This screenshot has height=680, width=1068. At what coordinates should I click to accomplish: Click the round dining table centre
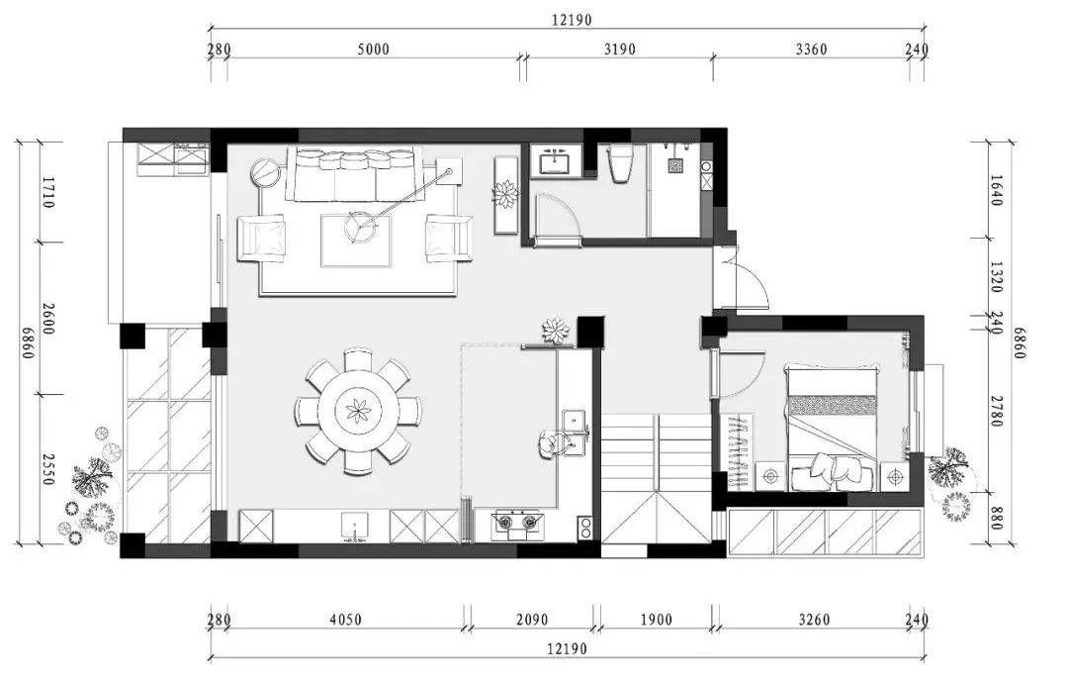coord(358,411)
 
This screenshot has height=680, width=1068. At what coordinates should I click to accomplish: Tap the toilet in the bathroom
coord(620,164)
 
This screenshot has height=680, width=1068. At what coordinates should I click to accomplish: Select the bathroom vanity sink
coord(556,161)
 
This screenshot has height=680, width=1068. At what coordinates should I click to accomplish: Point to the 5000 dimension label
coord(373,49)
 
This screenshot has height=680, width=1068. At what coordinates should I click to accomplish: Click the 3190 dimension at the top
coord(619,49)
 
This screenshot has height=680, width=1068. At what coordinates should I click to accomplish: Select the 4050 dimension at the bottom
coord(345,620)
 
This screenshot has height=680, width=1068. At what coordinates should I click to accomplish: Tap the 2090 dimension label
coord(531,620)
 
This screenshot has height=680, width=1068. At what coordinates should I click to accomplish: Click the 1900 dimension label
coord(656,620)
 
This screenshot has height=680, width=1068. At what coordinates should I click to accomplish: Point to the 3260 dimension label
coord(813,620)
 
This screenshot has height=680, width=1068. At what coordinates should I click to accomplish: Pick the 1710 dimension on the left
coord(47,192)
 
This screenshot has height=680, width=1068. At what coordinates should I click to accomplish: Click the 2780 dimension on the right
coord(996,411)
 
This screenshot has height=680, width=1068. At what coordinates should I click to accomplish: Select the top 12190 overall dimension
coord(572,20)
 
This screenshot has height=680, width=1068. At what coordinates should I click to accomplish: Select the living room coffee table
coord(357,241)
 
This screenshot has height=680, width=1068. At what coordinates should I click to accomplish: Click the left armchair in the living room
coord(261,238)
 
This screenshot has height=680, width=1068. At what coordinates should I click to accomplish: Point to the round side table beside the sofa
coord(266,172)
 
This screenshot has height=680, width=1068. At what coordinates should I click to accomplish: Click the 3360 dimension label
coord(811,49)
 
